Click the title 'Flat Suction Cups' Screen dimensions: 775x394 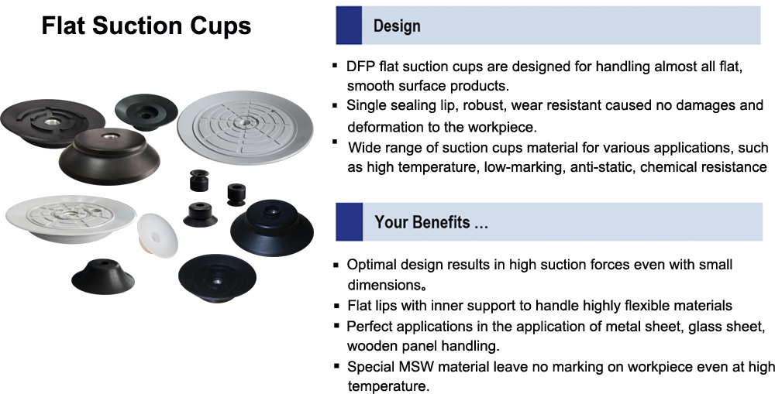coord(146,26)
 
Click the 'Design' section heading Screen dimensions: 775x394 coord(397,26)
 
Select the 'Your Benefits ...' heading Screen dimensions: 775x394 coord(431,222)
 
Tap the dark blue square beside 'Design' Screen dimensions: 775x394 coord(349,26)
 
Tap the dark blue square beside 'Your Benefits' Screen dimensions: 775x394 coord(349,221)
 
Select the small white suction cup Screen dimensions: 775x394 coord(157,235)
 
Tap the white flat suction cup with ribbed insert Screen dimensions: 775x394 coord(71,218)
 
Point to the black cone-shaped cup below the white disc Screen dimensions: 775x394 coord(103,276)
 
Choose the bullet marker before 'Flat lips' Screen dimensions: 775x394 coord(336,306)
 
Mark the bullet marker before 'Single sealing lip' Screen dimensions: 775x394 coord(336,105)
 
